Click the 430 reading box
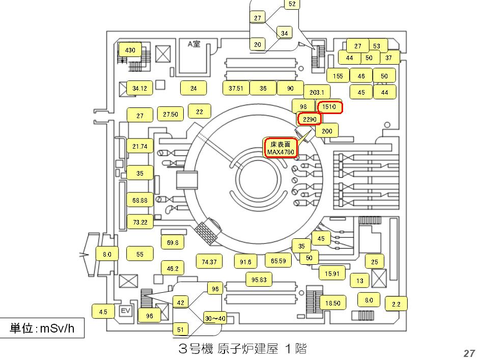[130, 50]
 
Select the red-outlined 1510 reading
[329, 107]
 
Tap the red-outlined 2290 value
[310, 119]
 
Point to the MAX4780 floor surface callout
[280, 148]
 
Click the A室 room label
[194, 44]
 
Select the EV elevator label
[125, 311]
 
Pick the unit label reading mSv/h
[43, 328]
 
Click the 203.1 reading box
[317, 93]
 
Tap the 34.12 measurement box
[139, 89]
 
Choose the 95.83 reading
[259, 280]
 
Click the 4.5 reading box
[103, 312]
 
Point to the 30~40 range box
[215, 318]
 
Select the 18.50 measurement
[332, 303]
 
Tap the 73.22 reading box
[140, 222]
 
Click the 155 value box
[338, 76]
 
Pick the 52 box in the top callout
[292, 4]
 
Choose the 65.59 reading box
[278, 261]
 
